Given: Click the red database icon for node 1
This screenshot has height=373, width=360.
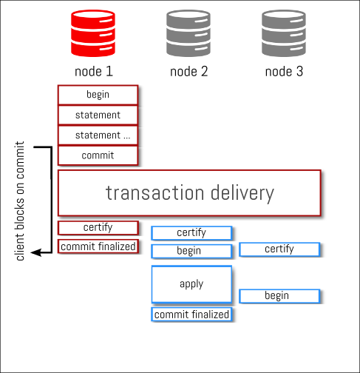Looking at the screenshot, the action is pyautogui.click(x=93, y=33).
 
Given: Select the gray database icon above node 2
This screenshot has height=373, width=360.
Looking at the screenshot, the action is pyautogui.click(x=189, y=33).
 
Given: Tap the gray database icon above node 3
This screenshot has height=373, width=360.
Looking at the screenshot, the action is pyautogui.click(x=284, y=33).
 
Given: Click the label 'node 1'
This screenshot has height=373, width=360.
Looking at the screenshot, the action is pyautogui.click(x=94, y=72).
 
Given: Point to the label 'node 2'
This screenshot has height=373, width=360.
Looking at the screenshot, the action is pyautogui.click(x=189, y=72).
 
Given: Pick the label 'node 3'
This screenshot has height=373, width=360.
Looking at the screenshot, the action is pyautogui.click(x=284, y=72).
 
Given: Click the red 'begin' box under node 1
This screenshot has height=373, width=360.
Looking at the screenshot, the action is pyautogui.click(x=98, y=95).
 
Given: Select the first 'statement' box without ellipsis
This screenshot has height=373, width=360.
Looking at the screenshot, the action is pyautogui.click(x=98, y=115).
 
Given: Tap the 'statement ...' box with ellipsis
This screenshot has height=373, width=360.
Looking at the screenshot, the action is pyautogui.click(x=98, y=135).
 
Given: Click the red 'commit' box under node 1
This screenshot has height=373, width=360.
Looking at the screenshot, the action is pyautogui.click(x=98, y=155).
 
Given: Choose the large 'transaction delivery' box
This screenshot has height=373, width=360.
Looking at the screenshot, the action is pyautogui.click(x=189, y=193).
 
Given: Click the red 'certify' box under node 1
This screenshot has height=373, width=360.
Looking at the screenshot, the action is pyautogui.click(x=98, y=228).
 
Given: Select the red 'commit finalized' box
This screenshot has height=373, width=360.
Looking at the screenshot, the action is pyautogui.click(x=98, y=246).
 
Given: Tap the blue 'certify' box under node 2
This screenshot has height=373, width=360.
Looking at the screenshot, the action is pyautogui.click(x=191, y=233).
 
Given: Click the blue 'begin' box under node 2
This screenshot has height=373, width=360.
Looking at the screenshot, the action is pyautogui.click(x=191, y=251).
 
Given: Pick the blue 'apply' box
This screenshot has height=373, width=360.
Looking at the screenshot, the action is pyautogui.click(x=191, y=284).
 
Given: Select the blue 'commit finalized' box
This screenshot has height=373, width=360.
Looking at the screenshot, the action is pyautogui.click(x=191, y=315).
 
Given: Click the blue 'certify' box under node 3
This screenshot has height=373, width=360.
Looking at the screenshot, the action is pyautogui.click(x=279, y=249).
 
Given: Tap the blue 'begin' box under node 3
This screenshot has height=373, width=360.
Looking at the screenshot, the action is pyautogui.click(x=279, y=296).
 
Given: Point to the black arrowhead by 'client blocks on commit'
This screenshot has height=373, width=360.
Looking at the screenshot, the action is pyautogui.click(x=35, y=252).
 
